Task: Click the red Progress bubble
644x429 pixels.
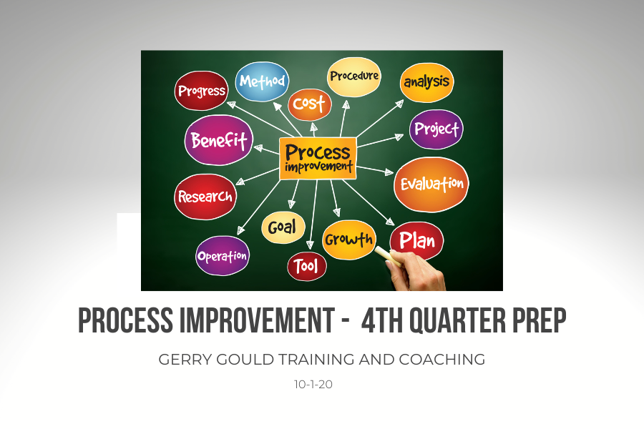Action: (x=201, y=91)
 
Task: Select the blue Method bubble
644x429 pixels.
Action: (x=262, y=82)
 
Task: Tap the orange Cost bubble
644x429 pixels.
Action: (x=310, y=104)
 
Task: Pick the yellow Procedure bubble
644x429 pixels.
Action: (x=354, y=77)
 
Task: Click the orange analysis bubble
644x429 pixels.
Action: (x=426, y=82)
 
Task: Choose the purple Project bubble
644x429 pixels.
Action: (x=436, y=129)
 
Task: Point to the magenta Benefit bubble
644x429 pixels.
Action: (x=218, y=140)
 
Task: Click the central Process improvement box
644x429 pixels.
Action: (x=318, y=159)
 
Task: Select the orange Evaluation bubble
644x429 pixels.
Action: (x=431, y=184)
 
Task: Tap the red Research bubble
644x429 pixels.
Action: (x=205, y=197)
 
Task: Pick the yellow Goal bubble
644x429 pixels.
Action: (x=283, y=227)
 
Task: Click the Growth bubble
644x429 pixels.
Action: (x=349, y=240)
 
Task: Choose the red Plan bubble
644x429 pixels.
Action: (x=416, y=241)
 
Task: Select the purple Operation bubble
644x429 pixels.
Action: (x=223, y=256)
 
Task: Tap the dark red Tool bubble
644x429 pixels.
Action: (x=307, y=267)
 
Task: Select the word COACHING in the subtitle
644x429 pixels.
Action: (x=442, y=359)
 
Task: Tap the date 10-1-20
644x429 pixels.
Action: (x=313, y=385)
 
